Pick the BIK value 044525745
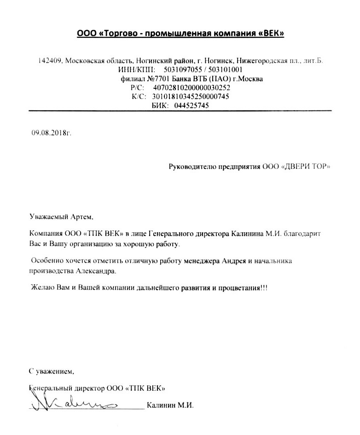click(x=188, y=105)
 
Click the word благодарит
click(x=308, y=234)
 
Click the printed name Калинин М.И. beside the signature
click(x=170, y=406)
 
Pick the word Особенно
click(x=46, y=261)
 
